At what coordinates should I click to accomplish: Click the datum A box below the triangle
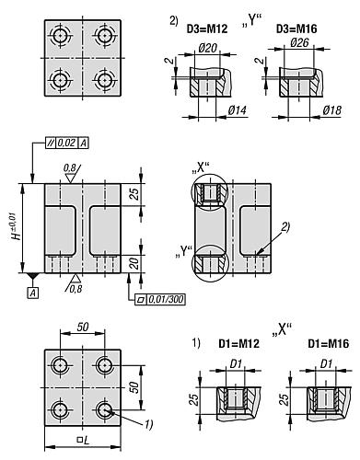pyautogui.click(x=33, y=292)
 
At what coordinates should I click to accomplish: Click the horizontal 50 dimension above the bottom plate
pyautogui.click(x=84, y=328)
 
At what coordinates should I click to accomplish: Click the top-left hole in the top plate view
pyautogui.click(x=62, y=35)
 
